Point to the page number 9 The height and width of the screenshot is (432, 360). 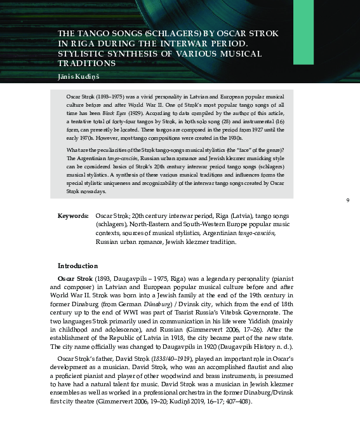348,201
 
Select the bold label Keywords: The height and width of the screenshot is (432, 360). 73,216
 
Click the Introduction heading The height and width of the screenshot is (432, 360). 77,266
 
